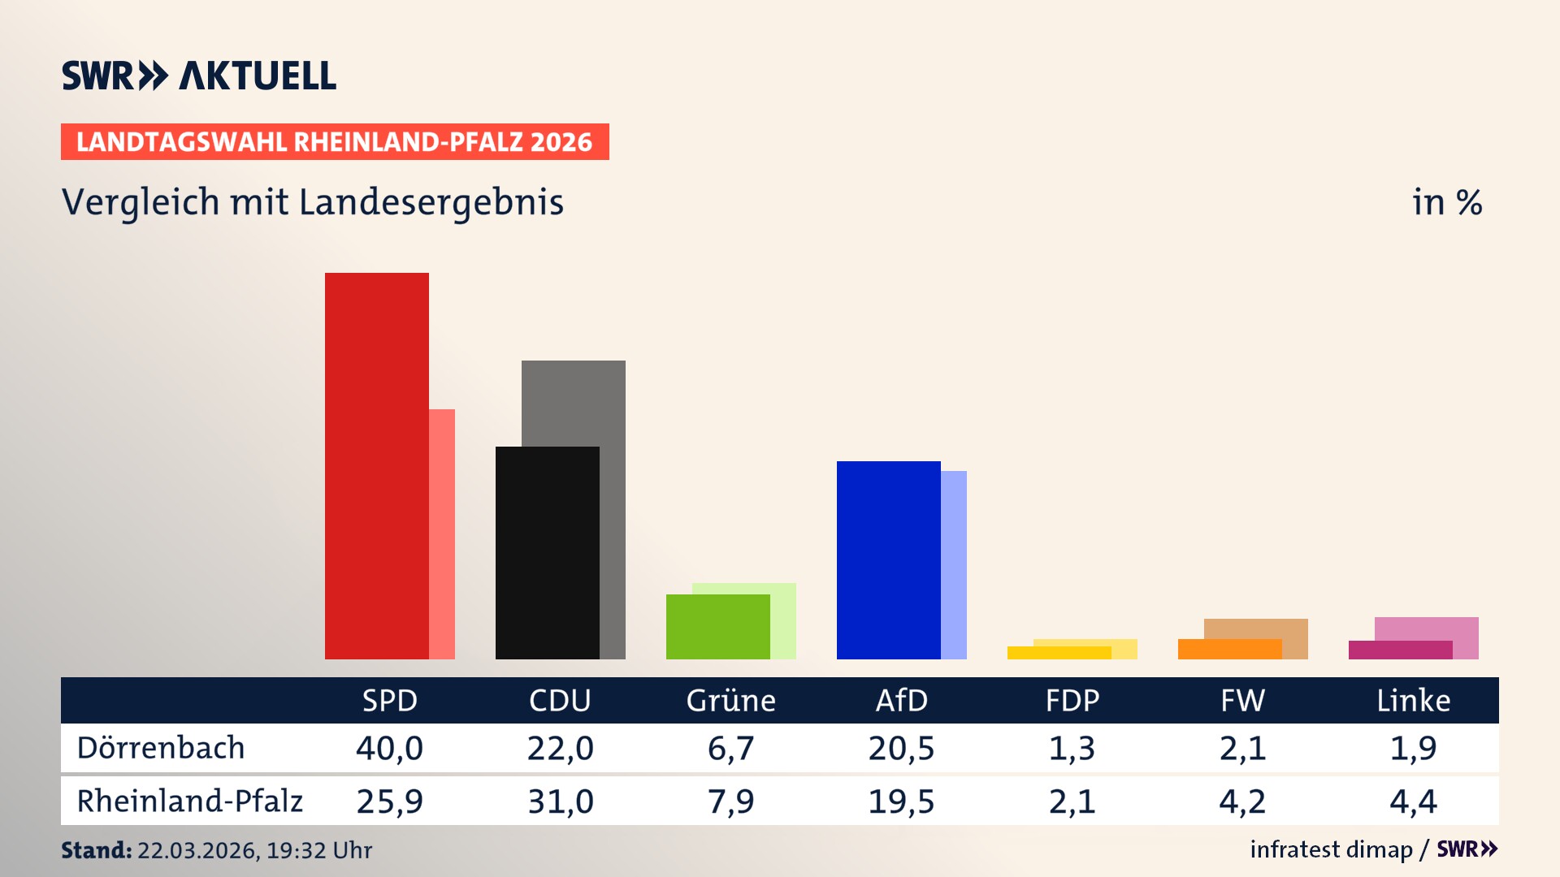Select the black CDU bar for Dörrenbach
click(x=547, y=552)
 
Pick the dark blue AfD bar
click(x=888, y=559)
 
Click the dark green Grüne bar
click(x=717, y=626)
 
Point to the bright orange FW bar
click(x=1229, y=649)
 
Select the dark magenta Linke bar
click(x=1400, y=650)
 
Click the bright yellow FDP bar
click(x=1059, y=653)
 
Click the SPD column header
click(x=389, y=700)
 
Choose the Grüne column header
click(x=730, y=700)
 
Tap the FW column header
click(x=1242, y=700)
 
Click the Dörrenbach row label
click(x=161, y=748)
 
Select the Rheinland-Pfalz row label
click(x=189, y=801)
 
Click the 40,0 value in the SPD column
click(x=389, y=748)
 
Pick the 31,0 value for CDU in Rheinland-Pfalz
click(x=560, y=801)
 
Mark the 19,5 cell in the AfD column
click(x=901, y=801)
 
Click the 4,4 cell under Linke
click(x=1413, y=801)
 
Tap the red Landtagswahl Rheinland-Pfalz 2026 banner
click(x=335, y=142)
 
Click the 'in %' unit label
click(x=1446, y=202)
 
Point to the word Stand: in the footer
click(x=96, y=850)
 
